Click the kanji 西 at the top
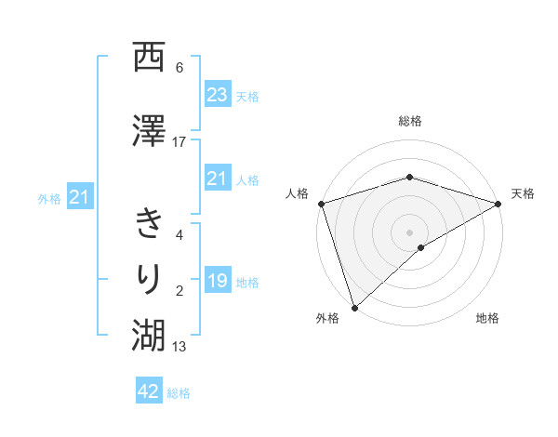[x=150, y=59]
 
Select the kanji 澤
[x=150, y=130]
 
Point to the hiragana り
[x=150, y=278]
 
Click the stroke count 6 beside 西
[x=179, y=67]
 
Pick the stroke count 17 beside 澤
[x=179, y=141]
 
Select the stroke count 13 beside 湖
[x=179, y=347]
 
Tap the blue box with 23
[x=218, y=94]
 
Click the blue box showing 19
[x=218, y=281]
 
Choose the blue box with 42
[x=149, y=391]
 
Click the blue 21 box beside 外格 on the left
[x=80, y=196]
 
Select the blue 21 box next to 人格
[x=218, y=178]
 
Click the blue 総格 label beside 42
[x=179, y=393]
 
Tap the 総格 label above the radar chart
[x=410, y=122]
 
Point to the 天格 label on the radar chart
[x=523, y=193]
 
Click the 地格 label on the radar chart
[x=487, y=319]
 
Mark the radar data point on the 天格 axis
[x=498, y=203]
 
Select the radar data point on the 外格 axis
[x=354, y=307]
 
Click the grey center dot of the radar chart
[x=410, y=232]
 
